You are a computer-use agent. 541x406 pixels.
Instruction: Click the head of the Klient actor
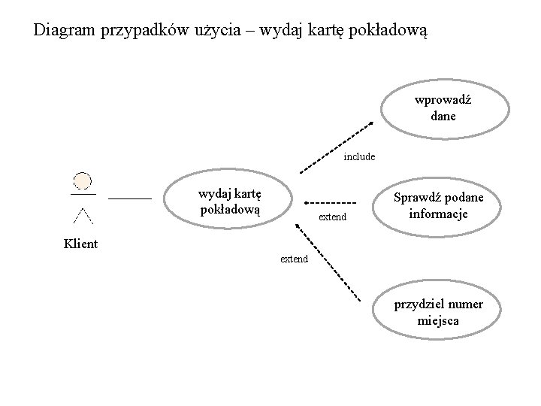click(82, 181)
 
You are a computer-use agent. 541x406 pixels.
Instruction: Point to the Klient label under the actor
click(81, 244)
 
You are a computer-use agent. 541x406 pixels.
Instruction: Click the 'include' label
click(359, 157)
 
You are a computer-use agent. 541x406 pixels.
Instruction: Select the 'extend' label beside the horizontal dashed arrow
click(333, 217)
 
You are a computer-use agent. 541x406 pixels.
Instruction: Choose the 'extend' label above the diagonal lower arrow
click(294, 259)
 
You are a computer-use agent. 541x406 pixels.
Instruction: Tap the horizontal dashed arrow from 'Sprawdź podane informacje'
click(331, 202)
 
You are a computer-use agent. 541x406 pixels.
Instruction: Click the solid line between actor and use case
click(130, 198)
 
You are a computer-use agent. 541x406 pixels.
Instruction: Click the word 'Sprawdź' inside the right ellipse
click(418, 198)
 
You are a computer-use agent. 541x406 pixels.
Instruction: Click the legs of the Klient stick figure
click(83, 217)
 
